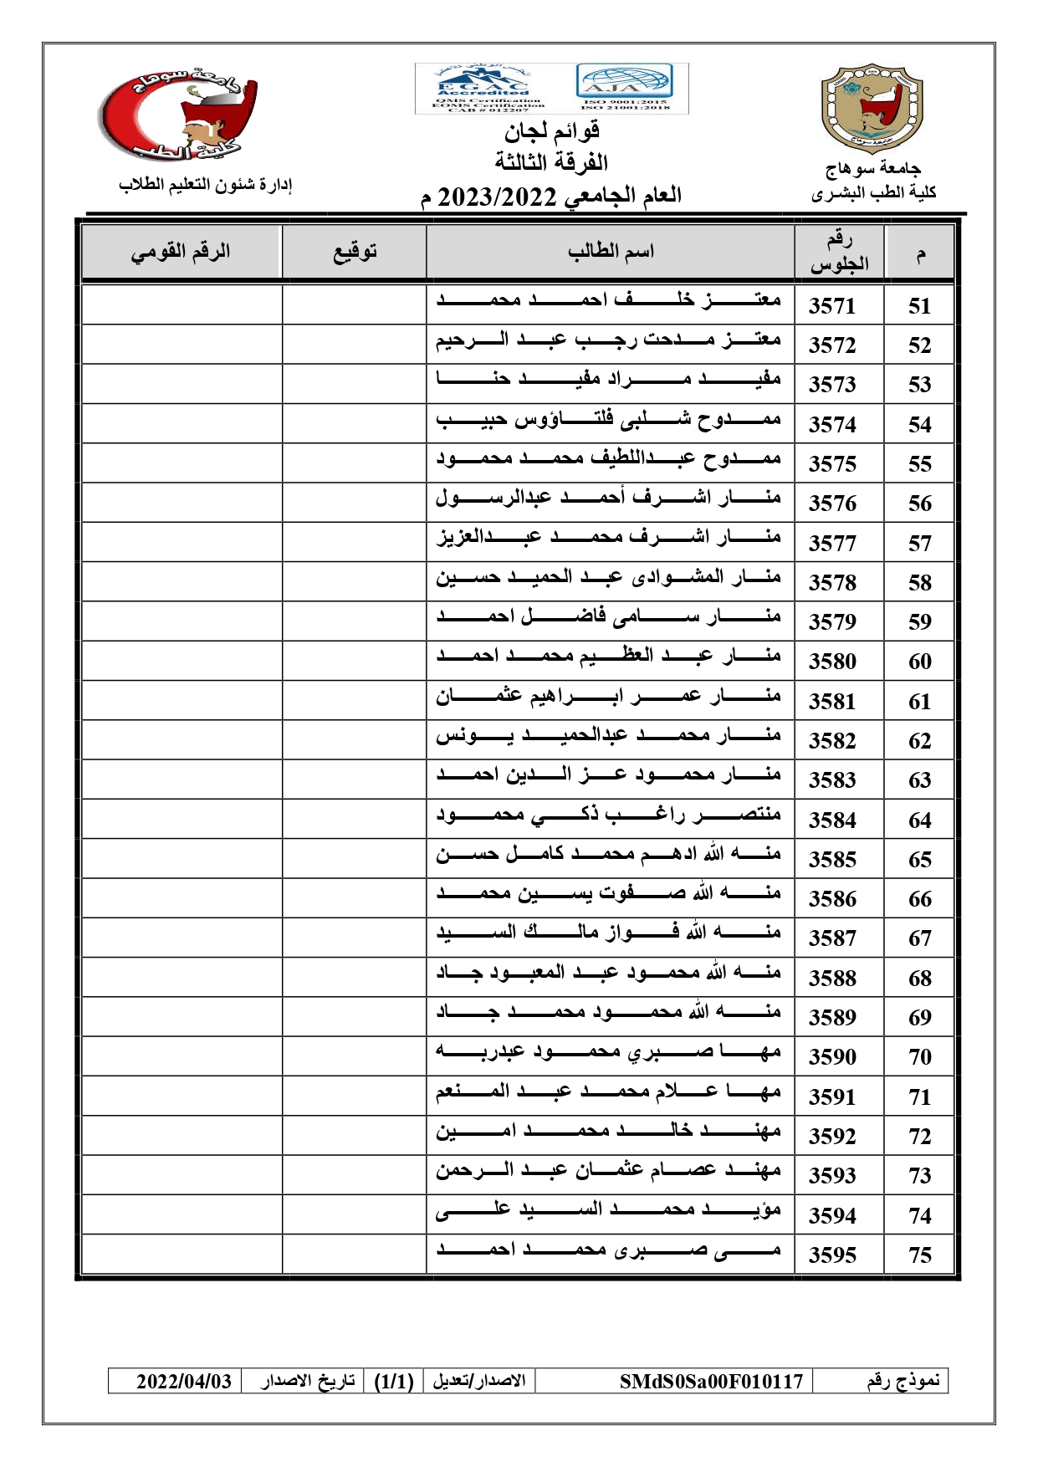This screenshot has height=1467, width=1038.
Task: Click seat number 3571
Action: [x=832, y=306]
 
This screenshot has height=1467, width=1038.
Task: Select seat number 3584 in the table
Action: [x=832, y=820]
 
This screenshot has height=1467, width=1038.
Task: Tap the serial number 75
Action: [x=919, y=1255]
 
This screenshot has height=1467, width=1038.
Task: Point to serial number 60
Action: [x=919, y=662]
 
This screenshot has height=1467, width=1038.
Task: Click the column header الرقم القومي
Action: [x=180, y=251]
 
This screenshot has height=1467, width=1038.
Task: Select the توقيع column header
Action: [x=355, y=251]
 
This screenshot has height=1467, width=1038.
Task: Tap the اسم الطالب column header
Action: [x=611, y=251]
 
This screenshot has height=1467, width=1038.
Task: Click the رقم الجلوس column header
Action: [x=839, y=252]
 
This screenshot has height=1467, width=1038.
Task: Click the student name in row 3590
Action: [x=608, y=1053]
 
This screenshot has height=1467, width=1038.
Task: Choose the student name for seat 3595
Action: [x=608, y=1251]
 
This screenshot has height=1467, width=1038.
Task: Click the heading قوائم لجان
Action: [x=551, y=131]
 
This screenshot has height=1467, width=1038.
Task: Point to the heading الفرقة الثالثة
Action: [x=551, y=161]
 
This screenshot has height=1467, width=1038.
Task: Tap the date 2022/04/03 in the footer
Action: [x=184, y=1381]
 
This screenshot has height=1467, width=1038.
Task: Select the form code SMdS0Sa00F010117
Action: [x=711, y=1381]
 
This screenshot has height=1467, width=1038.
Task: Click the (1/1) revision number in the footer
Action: [x=394, y=1381]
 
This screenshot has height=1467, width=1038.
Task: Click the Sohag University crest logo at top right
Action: [x=872, y=109]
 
